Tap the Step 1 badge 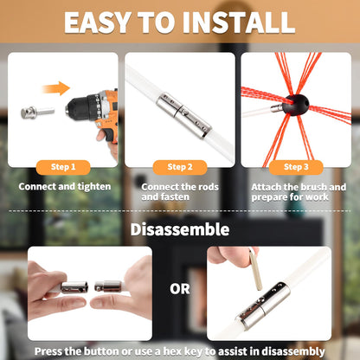(x=63, y=166)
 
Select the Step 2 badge (x=179, y=166)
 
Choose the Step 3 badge (x=295, y=166)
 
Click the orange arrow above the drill (x=56, y=87)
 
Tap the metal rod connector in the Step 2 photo (x=183, y=115)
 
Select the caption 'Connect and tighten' (x=63, y=185)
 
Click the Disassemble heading (x=180, y=229)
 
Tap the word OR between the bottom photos (x=179, y=289)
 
